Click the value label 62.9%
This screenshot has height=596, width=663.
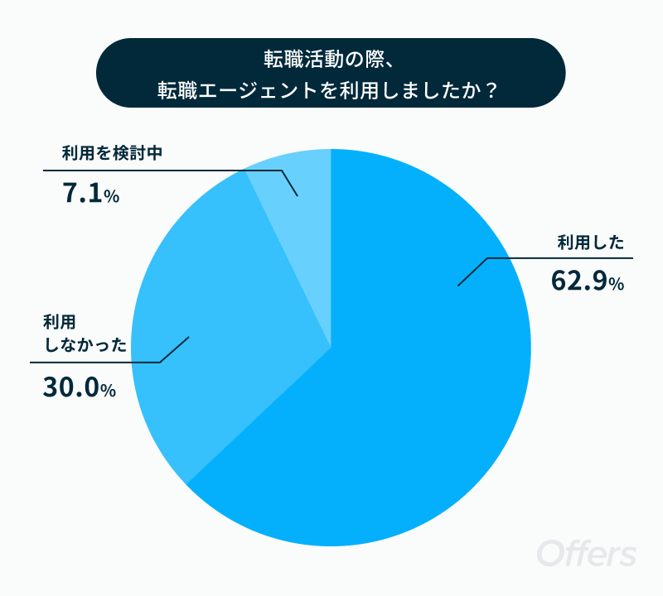click(588, 281)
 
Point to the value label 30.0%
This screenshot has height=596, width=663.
click(79, 387)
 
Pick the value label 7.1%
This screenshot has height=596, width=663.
click(90, 193)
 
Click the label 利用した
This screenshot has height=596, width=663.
click(591, 243)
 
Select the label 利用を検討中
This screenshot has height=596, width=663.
click(112, 153)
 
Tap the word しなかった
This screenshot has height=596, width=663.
click(86, 344)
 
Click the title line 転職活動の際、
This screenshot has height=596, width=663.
click(329, 59)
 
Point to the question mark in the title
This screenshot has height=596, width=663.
click(491, 90)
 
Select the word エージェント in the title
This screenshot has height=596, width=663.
click(258, 90)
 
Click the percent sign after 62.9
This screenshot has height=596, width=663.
click(617, 284)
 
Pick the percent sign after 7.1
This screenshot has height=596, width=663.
click(112, 196)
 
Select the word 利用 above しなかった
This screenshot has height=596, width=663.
click(60, 322)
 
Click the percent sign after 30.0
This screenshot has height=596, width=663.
click(109, 391)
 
